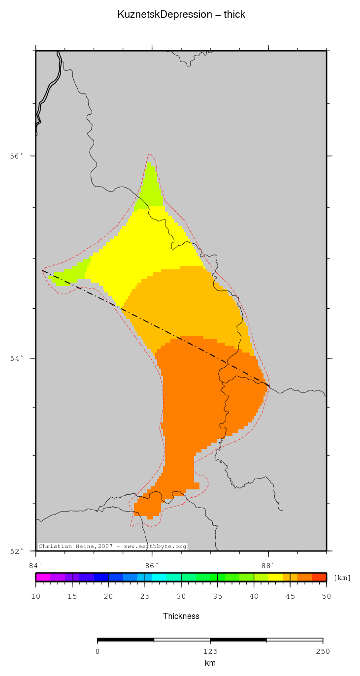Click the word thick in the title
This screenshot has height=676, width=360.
[x=234, y=15]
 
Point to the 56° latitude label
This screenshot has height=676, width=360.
[x=17, y=156]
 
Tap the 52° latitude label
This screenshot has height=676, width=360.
[x=17, y=551]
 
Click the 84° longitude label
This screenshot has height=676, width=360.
[x=35, y=565]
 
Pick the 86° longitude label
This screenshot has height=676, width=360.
[x=152, y=565]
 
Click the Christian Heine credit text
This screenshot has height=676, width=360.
[x=112, y=547]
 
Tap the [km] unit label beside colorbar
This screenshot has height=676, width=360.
[x=342, y=578]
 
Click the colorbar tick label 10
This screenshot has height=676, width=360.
[x=35, y=597]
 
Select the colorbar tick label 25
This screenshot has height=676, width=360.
[x=145, y=597]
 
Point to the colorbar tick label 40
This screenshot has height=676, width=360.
[x=254, y=597]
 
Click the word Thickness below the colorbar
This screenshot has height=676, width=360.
[x=181, y=616]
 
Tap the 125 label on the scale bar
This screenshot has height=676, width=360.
[x=210, y=652]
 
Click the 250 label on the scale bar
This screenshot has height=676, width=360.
[x=323, y=652]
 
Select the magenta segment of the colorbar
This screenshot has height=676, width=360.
[x=42, y=578]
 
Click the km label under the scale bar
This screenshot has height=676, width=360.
[x=210, y=663]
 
